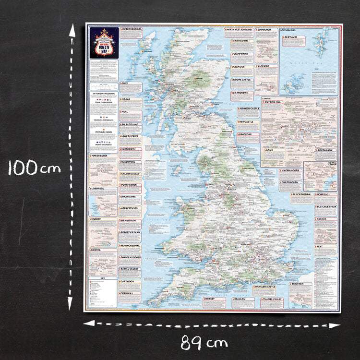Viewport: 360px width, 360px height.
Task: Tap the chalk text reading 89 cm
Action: click(x=204, y=343)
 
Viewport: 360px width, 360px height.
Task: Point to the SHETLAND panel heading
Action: click(x=290, y=36)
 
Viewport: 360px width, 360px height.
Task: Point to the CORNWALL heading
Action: click(x=127, y=293)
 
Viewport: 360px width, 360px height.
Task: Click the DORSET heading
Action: click(x=211, y=299)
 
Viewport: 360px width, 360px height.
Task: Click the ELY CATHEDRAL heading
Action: click(x=302, y=194)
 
